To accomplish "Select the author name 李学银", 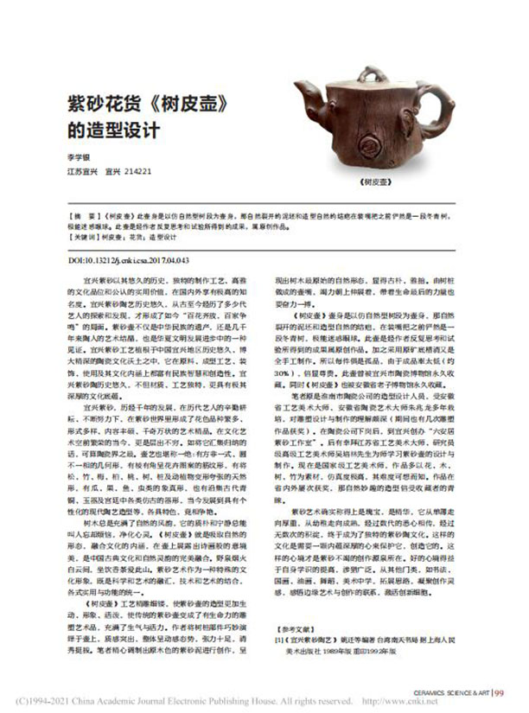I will [x=80, y=158].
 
